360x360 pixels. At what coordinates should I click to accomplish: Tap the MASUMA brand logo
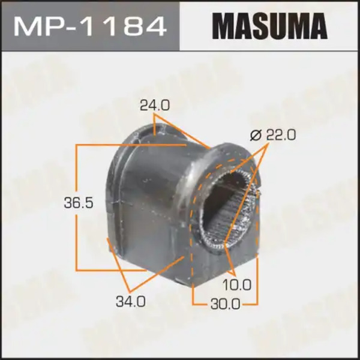point(269,26)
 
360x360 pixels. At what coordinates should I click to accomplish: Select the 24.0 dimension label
point(155,106)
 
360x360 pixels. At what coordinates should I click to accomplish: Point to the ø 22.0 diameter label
point(273,135)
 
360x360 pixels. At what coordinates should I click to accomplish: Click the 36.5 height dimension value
point(79,203)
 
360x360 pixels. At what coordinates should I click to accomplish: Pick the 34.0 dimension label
point(131,302)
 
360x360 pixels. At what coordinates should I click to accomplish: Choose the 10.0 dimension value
point(237,285)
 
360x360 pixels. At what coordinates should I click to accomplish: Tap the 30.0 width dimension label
point(225,304)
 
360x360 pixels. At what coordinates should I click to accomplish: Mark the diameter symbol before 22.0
point(256,135)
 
